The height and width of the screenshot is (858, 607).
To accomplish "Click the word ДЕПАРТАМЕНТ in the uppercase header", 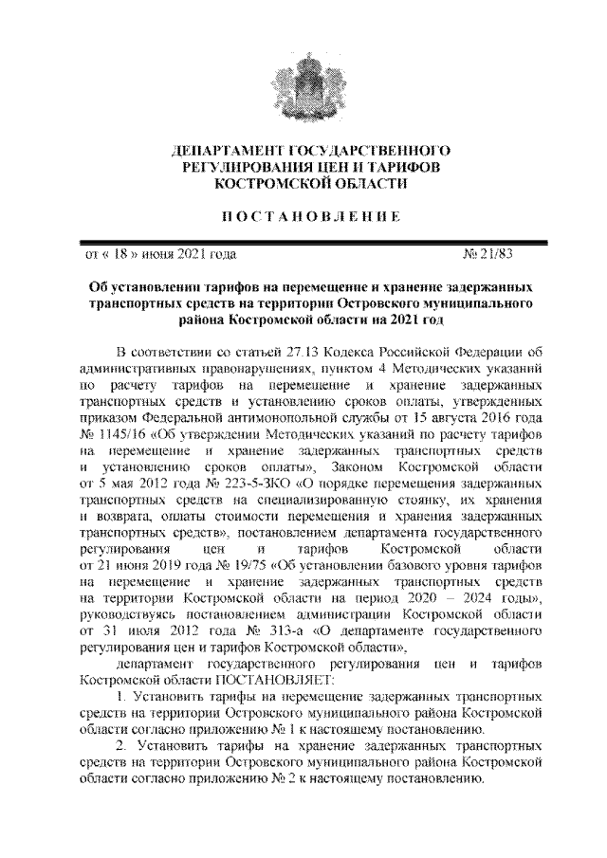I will click(x=225, y=151).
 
